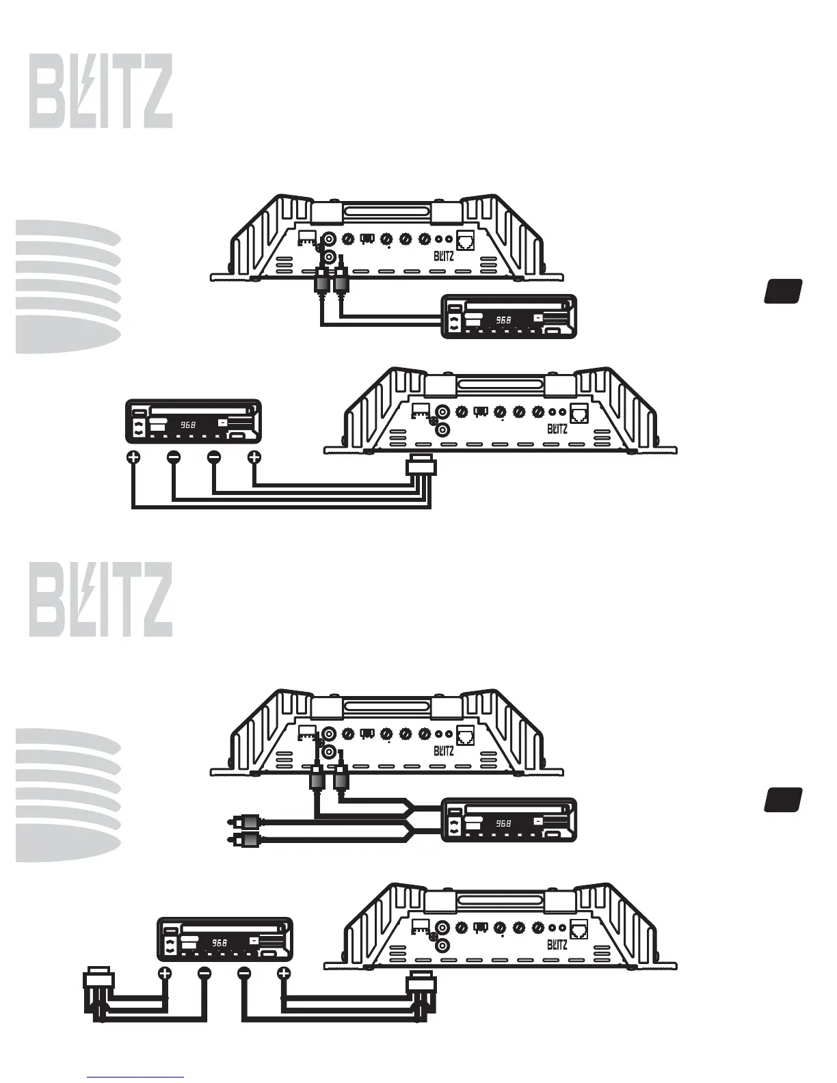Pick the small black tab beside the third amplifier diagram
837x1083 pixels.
[x=783, y=799]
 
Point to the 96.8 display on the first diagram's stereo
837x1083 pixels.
[x=503, y=319]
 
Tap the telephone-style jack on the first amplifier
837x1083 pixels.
[x=466, y=240]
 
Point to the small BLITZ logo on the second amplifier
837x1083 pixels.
[x=557, y=429]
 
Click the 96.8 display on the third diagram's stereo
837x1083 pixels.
[x=503, y=823]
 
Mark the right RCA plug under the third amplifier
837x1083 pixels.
[x=341, y=778]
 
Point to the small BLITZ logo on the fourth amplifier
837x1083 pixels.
[x=557, y=945]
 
